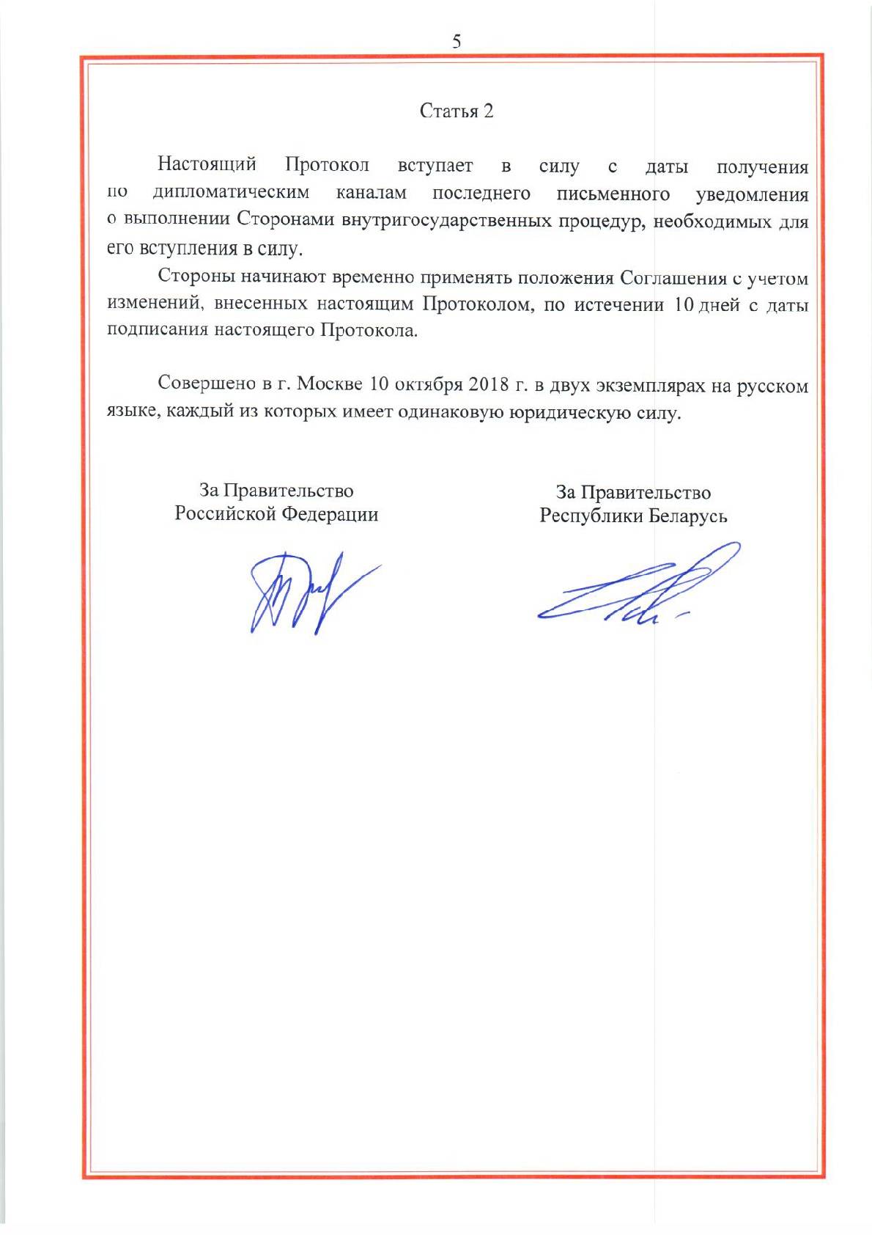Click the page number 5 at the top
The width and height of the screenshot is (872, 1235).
coord(457,41)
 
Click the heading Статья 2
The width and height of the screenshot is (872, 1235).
coord(457,111)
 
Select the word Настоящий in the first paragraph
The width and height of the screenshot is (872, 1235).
coord(207,164)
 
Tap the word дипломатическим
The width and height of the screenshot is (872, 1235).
coord(231,193)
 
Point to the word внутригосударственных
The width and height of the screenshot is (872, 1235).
coord(446,220)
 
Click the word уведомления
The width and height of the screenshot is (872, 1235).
coord(752,194)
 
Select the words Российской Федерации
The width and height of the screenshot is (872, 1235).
coord(276,514)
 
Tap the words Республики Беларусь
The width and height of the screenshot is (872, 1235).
coord(633,516)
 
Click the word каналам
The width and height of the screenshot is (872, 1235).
coord(371,193)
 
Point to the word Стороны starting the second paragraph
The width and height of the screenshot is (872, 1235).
coord(196,277)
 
